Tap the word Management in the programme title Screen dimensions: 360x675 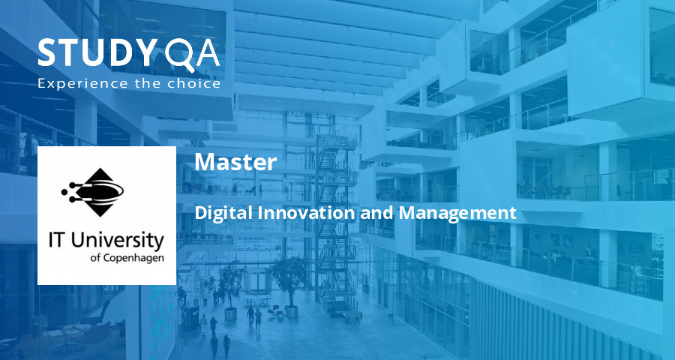click(x=457, y=213)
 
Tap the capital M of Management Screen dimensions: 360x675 click(x=406, y=213)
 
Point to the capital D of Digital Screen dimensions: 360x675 click(x=200, y=213)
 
